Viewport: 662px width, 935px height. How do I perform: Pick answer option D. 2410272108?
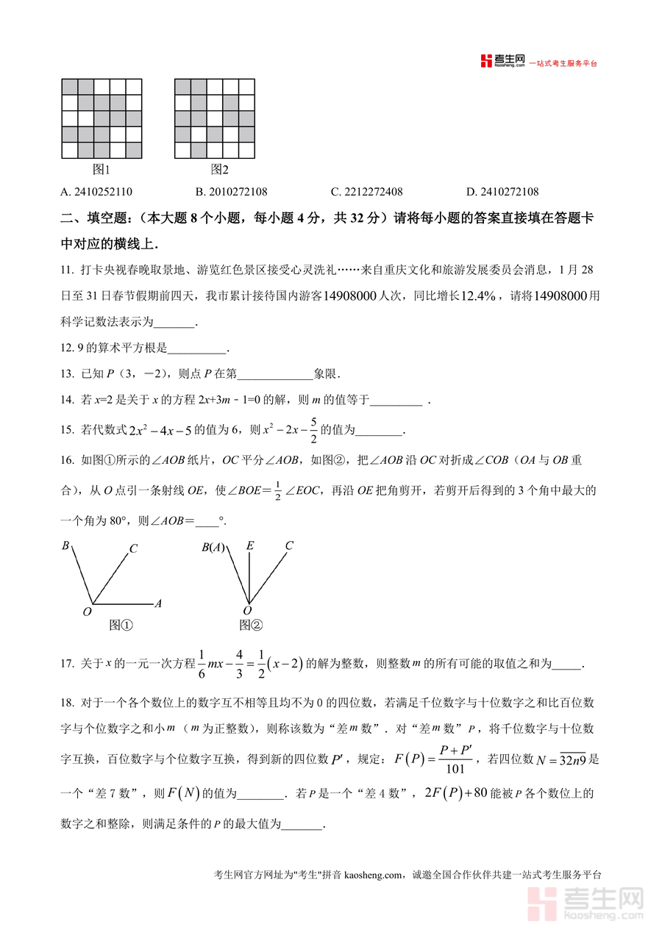(502, 193)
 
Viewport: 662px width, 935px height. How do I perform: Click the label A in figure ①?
(158, 603)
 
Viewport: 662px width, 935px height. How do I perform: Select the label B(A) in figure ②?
(213, 547)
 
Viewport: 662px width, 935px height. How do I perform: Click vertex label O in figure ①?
(87, 612)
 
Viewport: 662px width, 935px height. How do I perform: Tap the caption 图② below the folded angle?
(251, 626)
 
